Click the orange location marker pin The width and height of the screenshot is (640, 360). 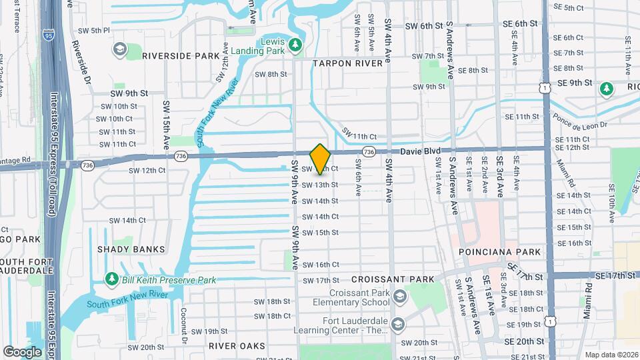(320, 159)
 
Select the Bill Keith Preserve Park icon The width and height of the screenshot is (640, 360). (112, 279)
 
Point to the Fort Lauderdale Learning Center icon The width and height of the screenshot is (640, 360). (399, 324)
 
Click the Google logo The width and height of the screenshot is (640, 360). (22, 351)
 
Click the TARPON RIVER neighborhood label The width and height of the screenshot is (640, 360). (348, 63)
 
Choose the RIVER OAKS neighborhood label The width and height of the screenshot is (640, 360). (237, 346)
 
